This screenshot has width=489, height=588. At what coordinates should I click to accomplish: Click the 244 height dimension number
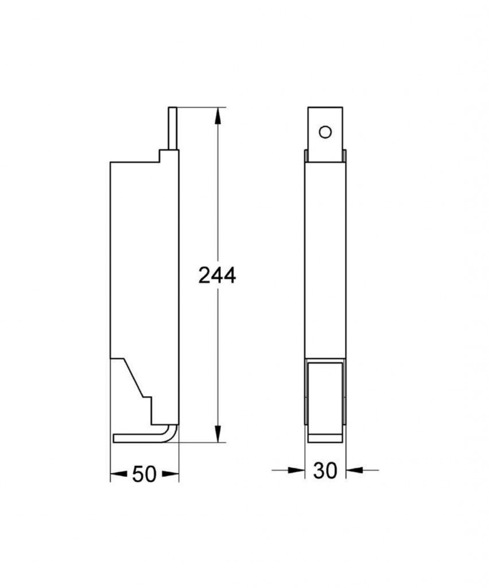pyautogui.click(x=217, y=276)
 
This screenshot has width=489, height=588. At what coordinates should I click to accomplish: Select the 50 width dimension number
pyautogui.click(x=144, y=474)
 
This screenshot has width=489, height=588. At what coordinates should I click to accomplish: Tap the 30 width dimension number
pyautogui.click(x=325, y=470)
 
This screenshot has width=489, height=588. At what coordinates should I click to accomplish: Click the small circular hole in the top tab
pyautogui.click(x=325, y=132)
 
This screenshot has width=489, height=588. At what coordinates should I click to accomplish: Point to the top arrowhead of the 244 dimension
pyautogui.click(x=218, y=116)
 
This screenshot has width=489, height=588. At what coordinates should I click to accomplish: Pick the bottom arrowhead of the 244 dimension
pyautogui.click(x=218, y=434)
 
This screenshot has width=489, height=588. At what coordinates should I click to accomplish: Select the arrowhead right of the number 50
pyautogui.click(x=170, y=474)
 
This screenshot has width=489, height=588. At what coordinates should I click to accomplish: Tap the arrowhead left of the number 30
pyautogui.click(x=296, y=470)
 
